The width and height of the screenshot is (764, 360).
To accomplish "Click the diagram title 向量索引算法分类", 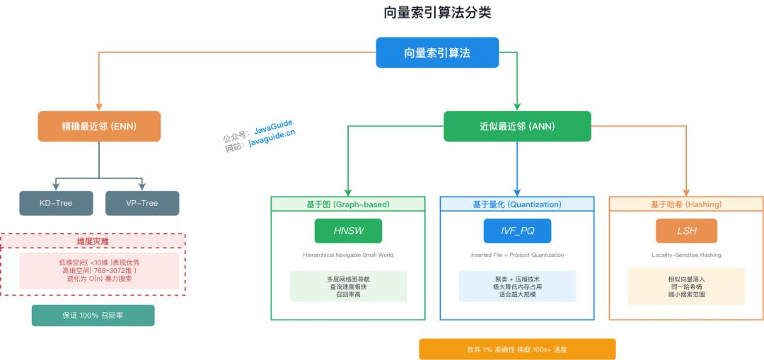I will (x=437, y=13).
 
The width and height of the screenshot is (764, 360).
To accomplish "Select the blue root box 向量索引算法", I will (x=437, y=53).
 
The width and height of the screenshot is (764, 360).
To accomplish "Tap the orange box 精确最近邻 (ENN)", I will (x=99, y=127).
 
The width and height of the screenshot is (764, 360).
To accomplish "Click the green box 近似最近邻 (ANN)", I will (x=517, y=127).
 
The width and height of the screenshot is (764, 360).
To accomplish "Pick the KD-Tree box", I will (x=56, y=203).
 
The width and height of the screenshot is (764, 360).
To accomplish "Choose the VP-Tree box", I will (x=142, y=203).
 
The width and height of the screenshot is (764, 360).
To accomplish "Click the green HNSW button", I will (x=348, y=231).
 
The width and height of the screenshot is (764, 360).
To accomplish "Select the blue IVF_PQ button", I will (x=517, y=231).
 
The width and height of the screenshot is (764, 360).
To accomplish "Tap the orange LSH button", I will (x=686, y=231).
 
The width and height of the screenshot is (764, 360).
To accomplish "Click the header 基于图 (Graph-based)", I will (x=348, y=204).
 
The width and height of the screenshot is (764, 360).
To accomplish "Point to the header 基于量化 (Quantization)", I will (x=517, y=204).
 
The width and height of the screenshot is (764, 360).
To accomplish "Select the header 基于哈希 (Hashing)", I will (x=686, y=204).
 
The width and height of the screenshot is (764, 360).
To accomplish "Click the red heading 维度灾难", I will (x=93, y=241).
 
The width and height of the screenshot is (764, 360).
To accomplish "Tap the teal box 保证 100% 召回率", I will (x=93, y=315).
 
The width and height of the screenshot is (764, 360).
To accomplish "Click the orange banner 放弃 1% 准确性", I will (x=517, y=349).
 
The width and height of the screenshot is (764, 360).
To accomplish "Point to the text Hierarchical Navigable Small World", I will (x=348, y=255).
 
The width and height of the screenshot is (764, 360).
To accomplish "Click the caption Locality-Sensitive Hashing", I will (x=686, y=255).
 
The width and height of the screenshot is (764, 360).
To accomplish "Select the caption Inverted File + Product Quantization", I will (x=517, y=255).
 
